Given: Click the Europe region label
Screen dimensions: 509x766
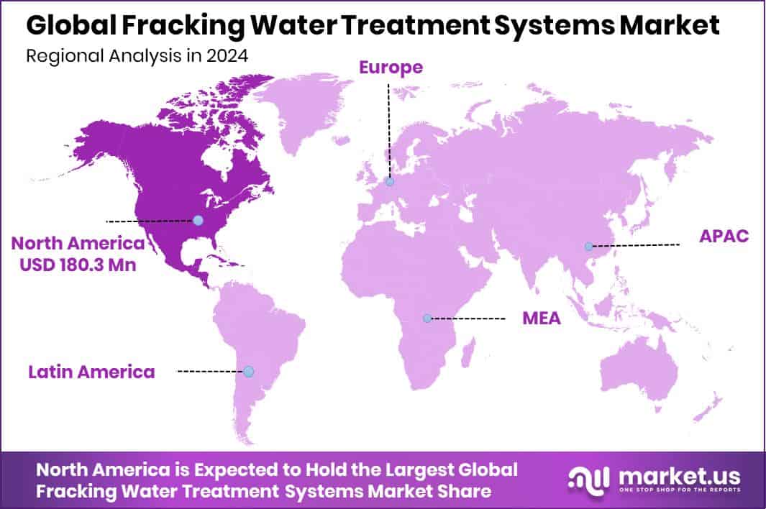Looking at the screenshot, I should (391, 68).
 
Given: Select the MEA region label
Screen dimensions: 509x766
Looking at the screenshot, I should (541, 318).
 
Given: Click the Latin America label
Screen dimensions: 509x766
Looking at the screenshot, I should (91, 372).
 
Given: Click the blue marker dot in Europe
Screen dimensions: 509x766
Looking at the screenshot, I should (389, 183).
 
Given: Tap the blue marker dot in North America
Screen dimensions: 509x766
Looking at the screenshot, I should (198, 220).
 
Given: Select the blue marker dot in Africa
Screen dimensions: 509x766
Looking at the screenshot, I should (427, 318).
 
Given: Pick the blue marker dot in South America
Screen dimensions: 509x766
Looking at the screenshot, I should (248, 371).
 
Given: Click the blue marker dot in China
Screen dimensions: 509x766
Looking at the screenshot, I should (589, 246).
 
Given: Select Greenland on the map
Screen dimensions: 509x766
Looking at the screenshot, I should (302, 108).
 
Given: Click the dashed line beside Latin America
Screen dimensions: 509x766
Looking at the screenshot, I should (210, 371).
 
